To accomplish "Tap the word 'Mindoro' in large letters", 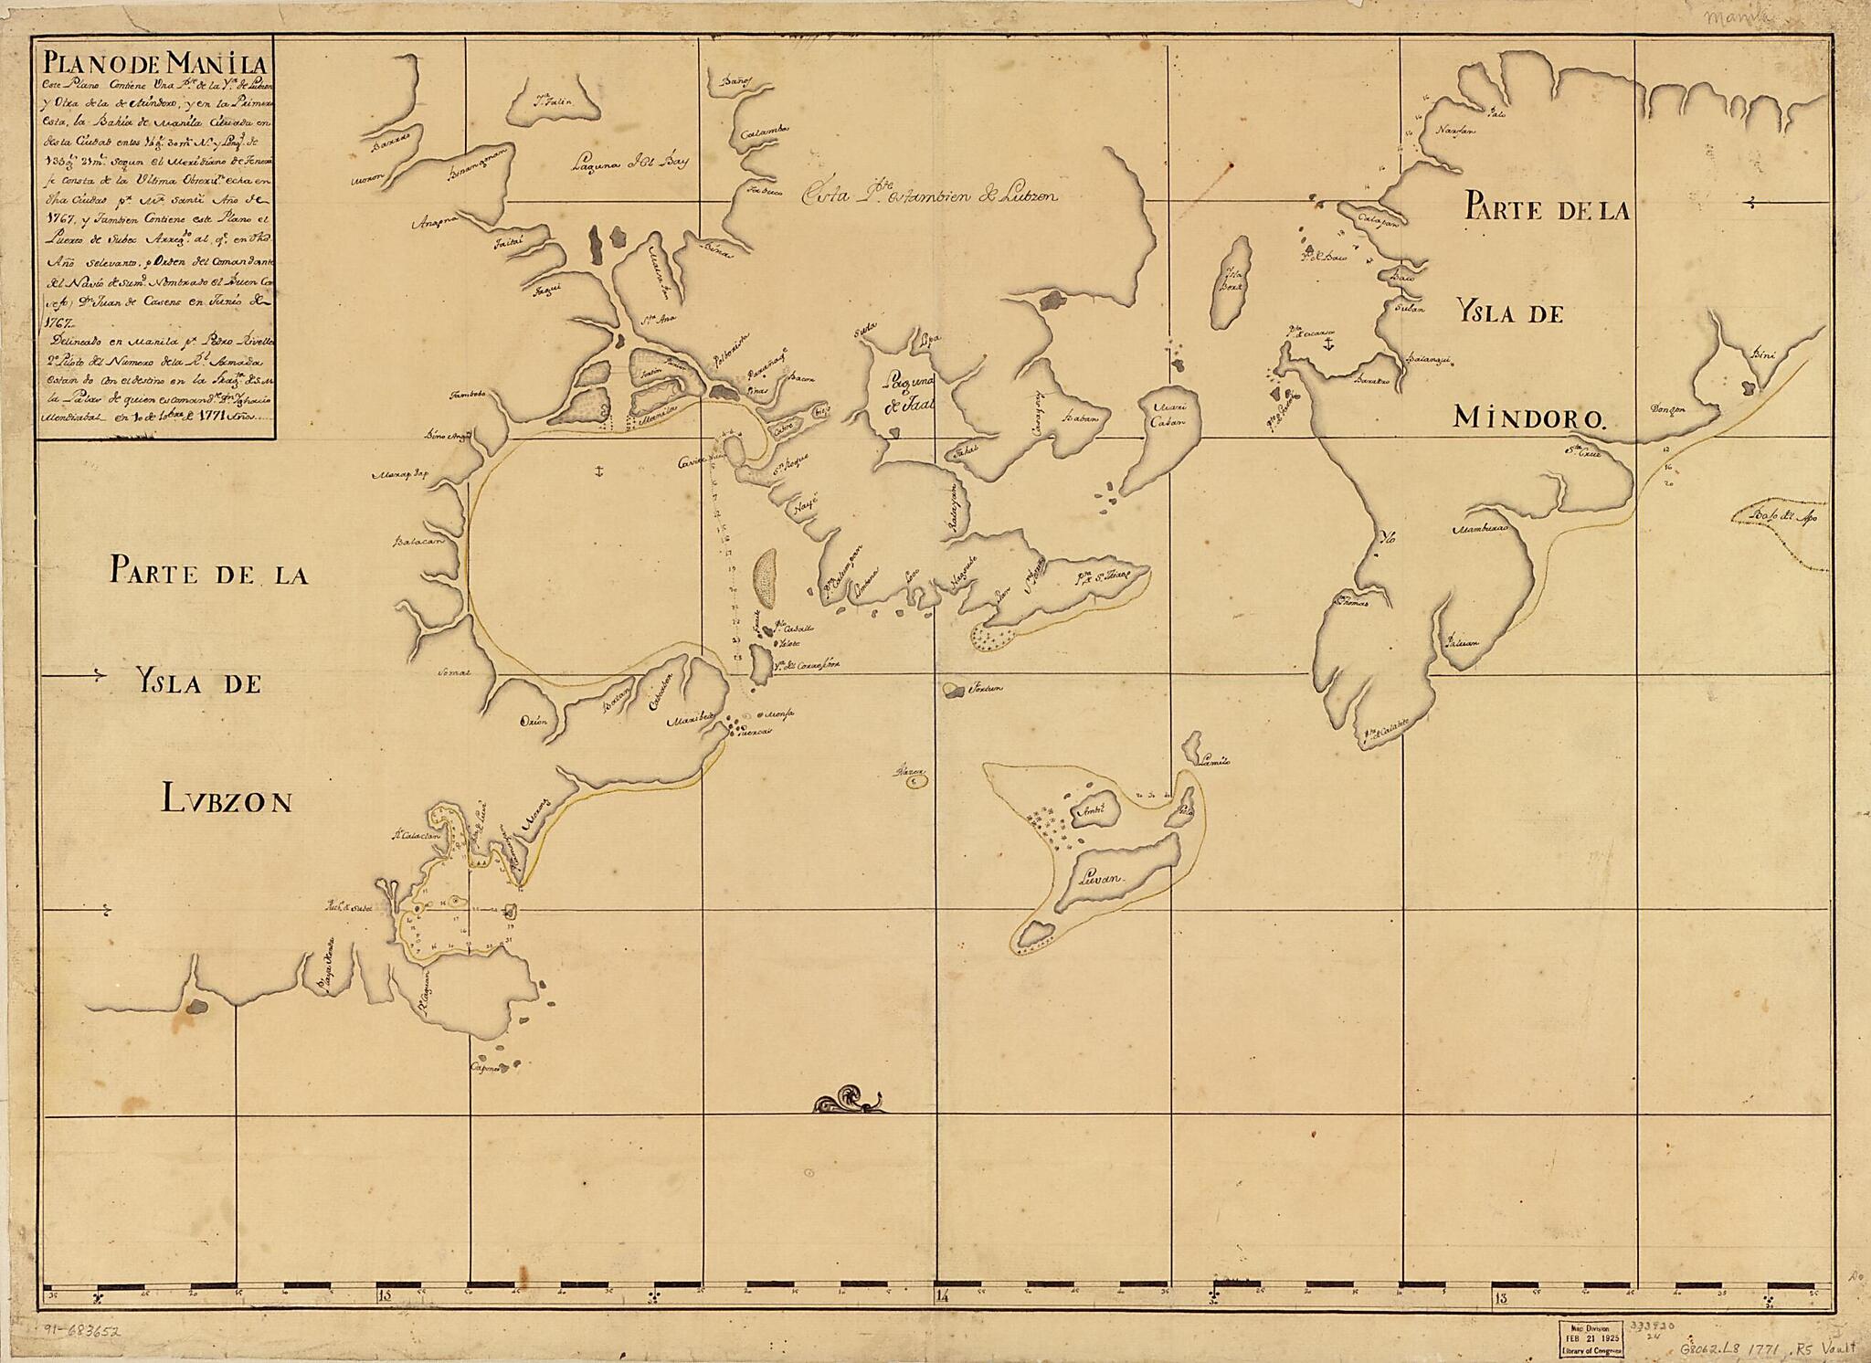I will pos(1528,417).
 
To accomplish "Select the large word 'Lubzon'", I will pos(228,801).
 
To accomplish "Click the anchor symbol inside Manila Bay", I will pos(596,471).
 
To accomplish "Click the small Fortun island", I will pos(956,689).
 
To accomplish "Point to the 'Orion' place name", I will pos(534,721).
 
